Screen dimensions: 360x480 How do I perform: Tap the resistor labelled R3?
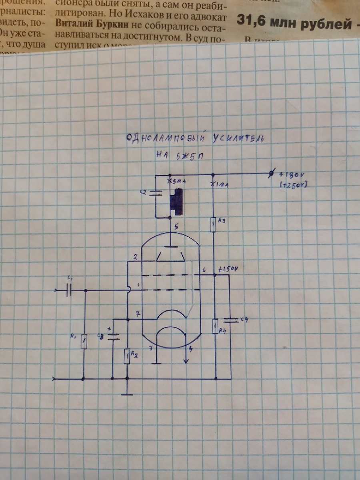[x=214, y=225]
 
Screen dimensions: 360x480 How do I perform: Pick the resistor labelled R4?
[x=215, y=326]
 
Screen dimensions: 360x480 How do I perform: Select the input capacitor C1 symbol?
[x=68, y=290]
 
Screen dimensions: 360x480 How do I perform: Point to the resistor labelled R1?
[x=84, y=342]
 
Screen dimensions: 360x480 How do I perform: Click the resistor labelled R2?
[x=127, y=356]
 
